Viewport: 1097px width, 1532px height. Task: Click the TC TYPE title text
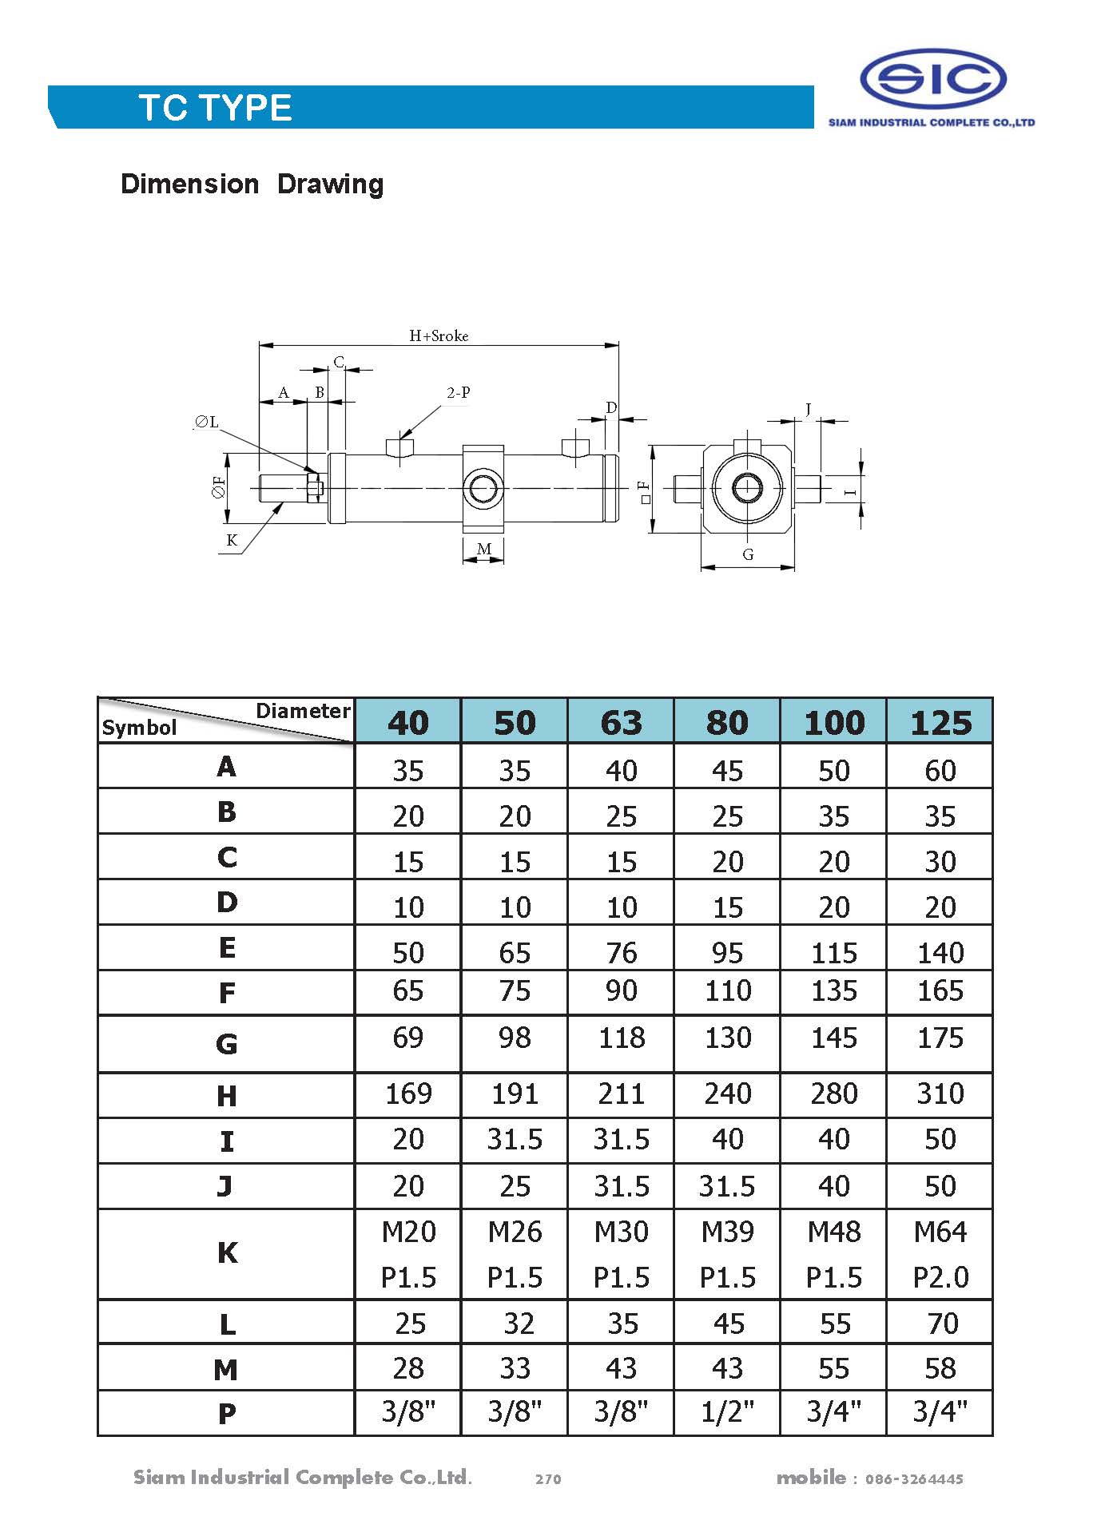[216, 108]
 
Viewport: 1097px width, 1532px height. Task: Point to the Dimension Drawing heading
[252, 185]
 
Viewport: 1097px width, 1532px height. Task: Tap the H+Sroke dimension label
[439, 336]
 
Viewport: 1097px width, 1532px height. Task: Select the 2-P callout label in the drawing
[458, 392]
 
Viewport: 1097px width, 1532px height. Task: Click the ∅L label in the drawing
[206, 423]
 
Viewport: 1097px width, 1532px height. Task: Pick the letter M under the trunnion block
[483, 549]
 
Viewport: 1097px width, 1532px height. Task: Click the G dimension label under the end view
[748, 554]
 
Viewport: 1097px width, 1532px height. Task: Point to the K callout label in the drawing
[232, 540]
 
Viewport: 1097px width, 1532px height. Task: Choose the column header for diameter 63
[621, 722]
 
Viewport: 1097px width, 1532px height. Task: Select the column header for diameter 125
[940, 722]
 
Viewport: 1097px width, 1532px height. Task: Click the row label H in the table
[227, 1096]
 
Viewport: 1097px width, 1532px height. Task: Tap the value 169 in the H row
[408, 1093]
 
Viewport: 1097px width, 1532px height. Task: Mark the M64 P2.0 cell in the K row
[940, 1254]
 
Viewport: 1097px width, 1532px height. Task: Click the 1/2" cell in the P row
[727, 1412]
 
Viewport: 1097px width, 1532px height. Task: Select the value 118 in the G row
[621, 1038]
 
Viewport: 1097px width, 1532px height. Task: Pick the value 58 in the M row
[940, 1368]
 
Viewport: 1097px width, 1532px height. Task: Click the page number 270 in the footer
[548, 1478]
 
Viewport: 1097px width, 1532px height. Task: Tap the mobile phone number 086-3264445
[914, 1479]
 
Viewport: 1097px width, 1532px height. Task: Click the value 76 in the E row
[621, 953]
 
